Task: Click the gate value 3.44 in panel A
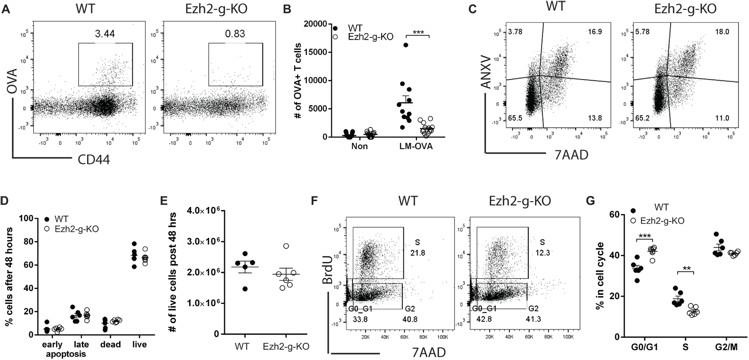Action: click(105, 33)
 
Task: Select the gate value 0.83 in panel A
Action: click(235, 33)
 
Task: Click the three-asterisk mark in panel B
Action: click(418, 32)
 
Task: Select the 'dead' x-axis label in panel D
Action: click(110, 344)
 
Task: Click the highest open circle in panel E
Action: click(286, 246)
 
